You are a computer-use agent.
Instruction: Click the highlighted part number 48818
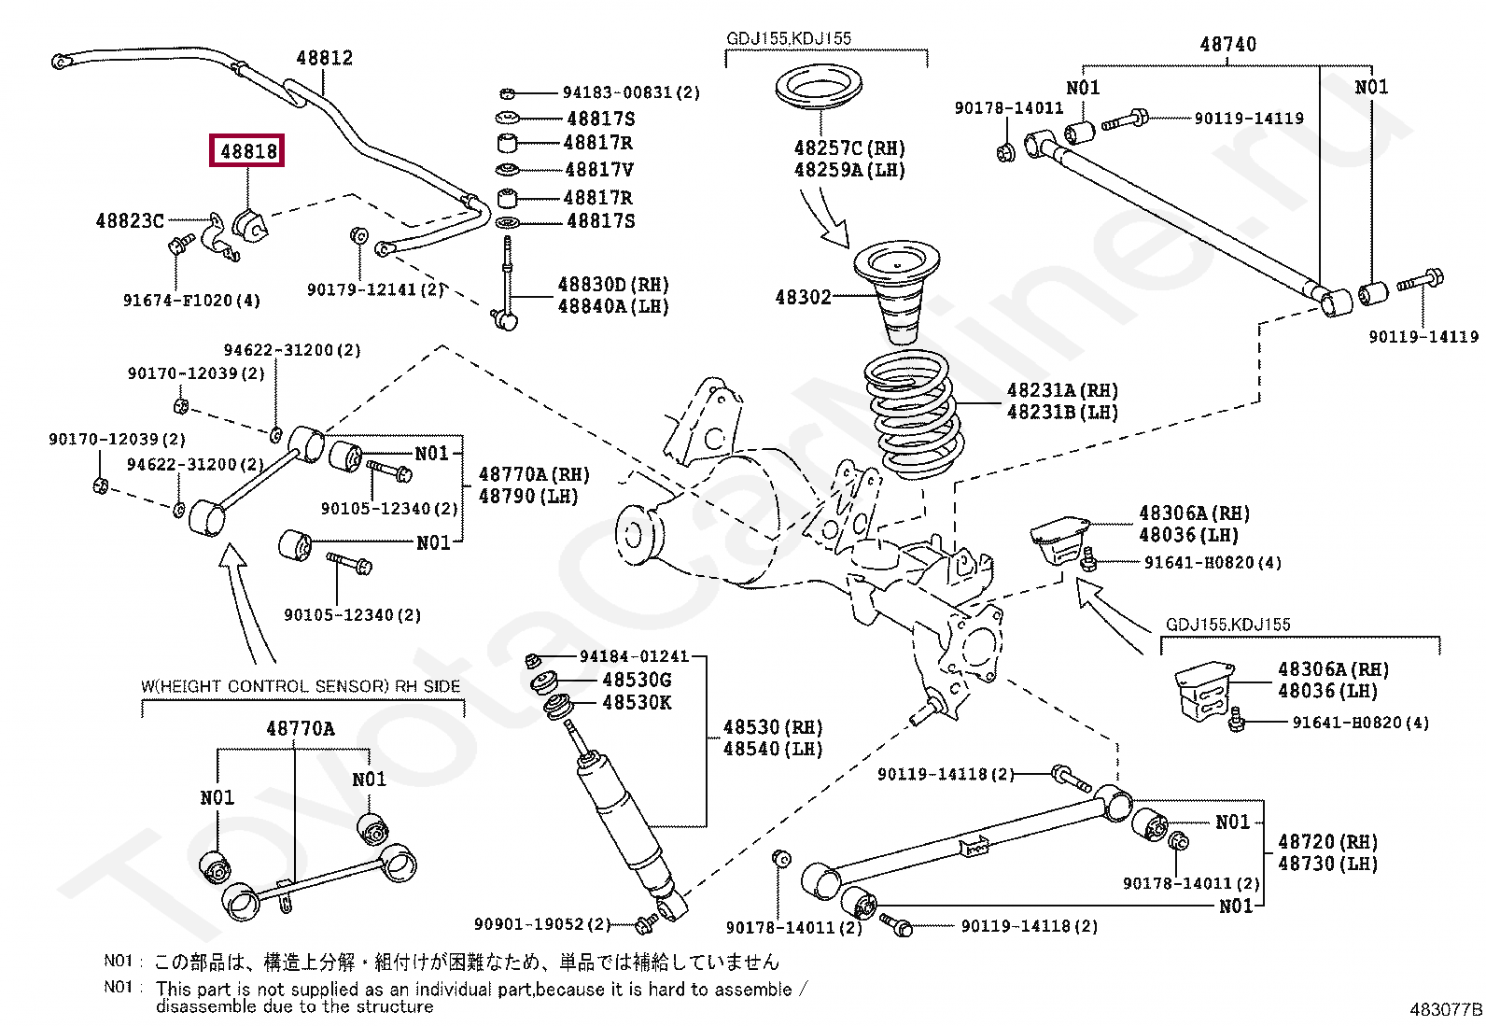[x=248, y=150]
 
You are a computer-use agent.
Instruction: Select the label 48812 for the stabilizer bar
[x=324, y=58]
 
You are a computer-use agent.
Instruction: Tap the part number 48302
[x=803, y=297]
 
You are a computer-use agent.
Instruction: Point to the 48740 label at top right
[x=1227, y=44]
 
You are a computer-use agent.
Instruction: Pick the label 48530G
[x=637, y=680]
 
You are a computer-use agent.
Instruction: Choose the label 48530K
[x=637, y=702]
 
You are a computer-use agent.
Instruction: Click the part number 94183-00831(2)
[x=630, y=92]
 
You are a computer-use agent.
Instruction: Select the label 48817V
[x=599, y=170]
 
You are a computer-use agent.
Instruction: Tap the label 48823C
[x=130, y=221]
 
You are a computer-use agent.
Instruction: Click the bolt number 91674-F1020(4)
[x=191, y=301]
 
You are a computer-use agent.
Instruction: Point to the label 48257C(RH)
[x=849, y=148]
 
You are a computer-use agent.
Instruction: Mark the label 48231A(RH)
[x=1062, y=390]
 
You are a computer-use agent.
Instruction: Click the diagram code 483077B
[x=1445, y=1009]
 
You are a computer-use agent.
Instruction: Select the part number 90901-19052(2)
[x=541, y=924]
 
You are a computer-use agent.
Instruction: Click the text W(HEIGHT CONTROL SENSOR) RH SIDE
[x=301, y=686]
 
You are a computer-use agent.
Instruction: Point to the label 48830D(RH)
[x=613, y=285]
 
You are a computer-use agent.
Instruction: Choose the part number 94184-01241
[x=634, y=656]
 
